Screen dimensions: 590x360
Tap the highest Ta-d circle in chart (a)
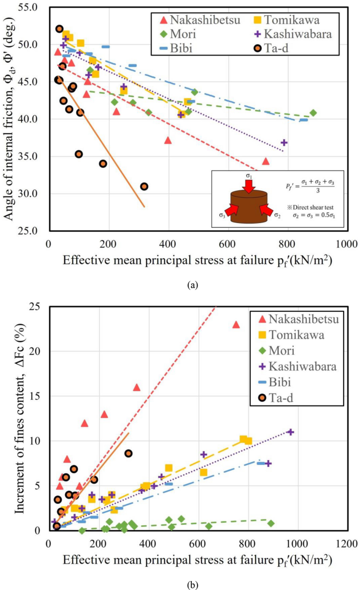coord(59,29)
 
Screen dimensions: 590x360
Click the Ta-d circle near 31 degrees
coord(144,186)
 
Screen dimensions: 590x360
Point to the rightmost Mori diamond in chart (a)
coord(313,113)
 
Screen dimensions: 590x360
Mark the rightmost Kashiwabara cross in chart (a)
coord(284,143)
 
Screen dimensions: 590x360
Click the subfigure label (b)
coord(192,584)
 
